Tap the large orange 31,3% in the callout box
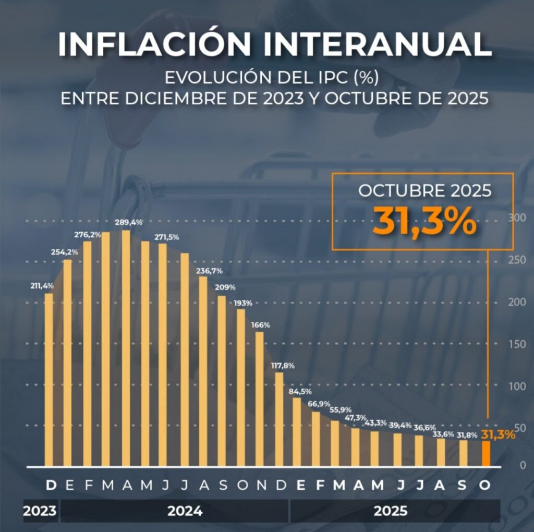424,222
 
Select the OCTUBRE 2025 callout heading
424,190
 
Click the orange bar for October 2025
486,453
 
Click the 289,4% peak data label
130,223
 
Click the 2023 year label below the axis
40,511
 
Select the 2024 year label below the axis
185,511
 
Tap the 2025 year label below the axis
391,511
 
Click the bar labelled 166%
259,398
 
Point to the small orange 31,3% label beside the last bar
498,434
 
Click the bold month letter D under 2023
51,486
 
